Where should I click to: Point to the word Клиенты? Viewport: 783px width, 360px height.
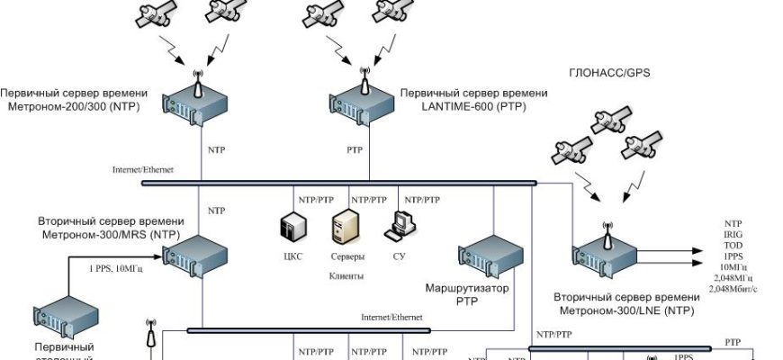tap(346, 277)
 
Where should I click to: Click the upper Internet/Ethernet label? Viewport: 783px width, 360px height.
tap(143, 169)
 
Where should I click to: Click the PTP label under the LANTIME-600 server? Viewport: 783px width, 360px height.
tap(355, 149)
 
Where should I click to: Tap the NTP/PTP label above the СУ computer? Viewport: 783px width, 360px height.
tap(422, 199)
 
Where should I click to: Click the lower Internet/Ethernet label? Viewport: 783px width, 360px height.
tap(391, 317)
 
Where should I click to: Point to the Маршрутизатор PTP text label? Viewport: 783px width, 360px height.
tap(466, 295)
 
